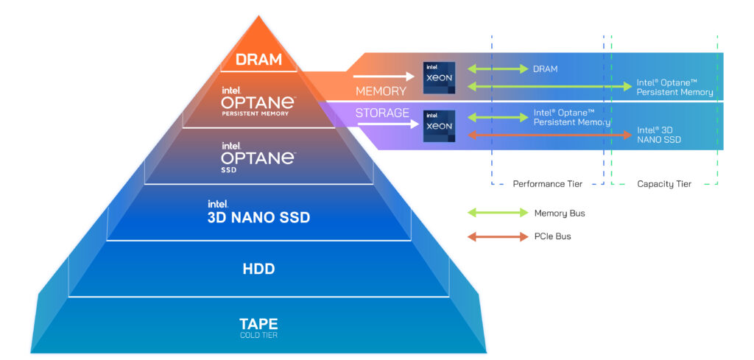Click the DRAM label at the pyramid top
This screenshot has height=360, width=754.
[258, 60]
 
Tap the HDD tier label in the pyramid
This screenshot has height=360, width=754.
[258, 269]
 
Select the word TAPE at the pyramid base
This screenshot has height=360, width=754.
[258, 323]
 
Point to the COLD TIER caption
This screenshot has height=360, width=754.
[258, 336]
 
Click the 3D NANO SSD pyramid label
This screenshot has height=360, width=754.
[258, 218]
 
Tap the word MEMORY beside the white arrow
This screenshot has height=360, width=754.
[381, 91]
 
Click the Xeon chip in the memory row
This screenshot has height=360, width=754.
[439, 78]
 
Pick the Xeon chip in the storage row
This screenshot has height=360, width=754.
[439, 126]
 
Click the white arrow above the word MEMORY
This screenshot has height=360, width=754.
[384, 76]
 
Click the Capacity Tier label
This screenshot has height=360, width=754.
[664, 184]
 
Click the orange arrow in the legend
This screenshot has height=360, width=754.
[498, 236]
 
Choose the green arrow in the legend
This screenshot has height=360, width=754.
[498, 213]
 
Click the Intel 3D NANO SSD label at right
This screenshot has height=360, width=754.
[658, 135]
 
